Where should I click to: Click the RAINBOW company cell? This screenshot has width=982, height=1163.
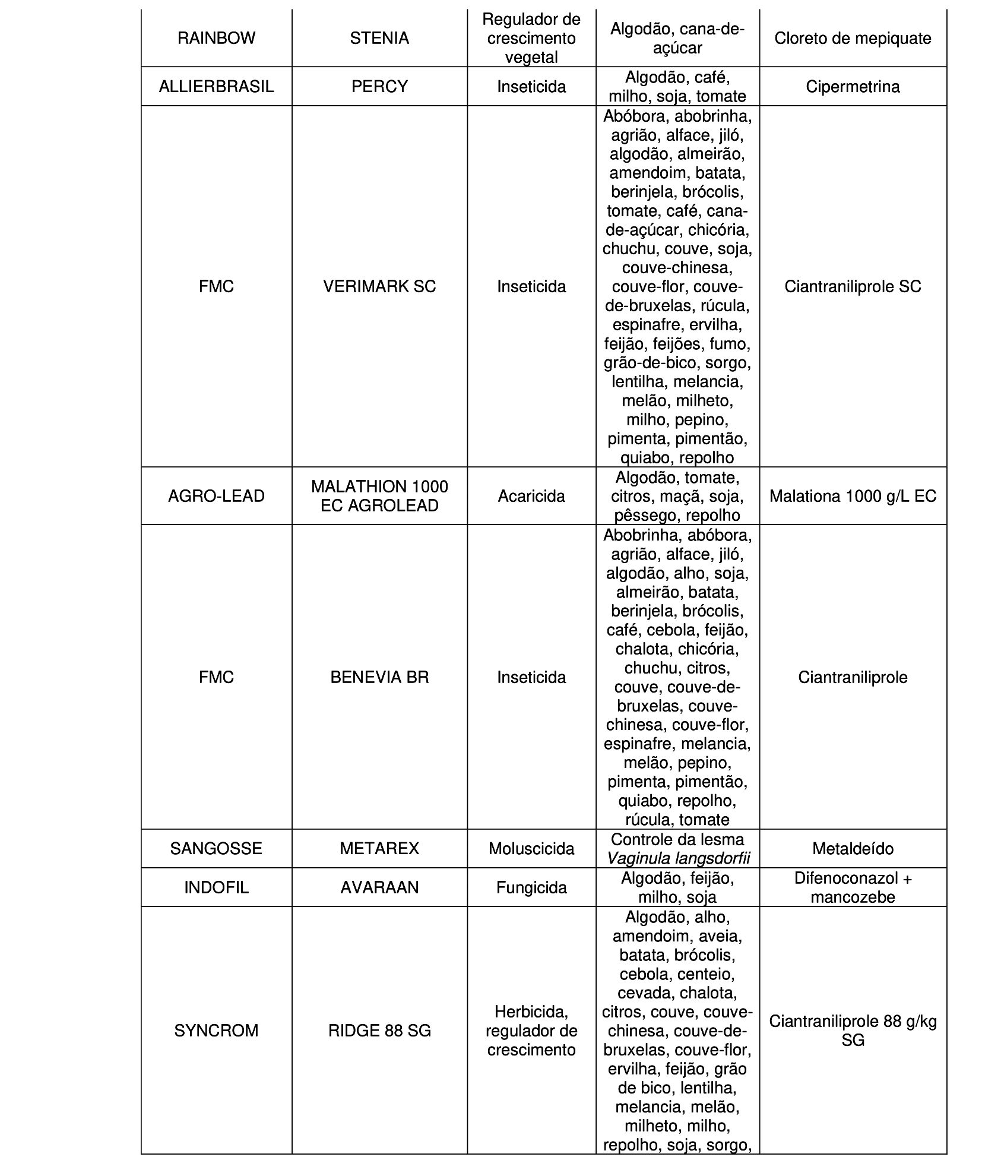[x=216, y=39]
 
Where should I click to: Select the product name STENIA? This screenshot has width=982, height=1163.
[x=379, y=39]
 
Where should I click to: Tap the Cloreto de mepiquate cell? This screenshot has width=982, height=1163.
[x=853, y=39]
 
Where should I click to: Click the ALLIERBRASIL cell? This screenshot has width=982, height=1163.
[x=216, y=87]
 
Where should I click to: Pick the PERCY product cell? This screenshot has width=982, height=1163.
[x=379, y=87]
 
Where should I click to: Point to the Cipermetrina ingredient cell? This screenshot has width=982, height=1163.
[x=853, y=87]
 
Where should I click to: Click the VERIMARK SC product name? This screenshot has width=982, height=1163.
[x=379, y=287]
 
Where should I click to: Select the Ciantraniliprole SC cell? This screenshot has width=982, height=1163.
[x=853, y=287]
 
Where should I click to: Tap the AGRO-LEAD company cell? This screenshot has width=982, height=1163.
[x=216, y=496]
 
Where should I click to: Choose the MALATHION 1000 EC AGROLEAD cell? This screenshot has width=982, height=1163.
[x=379, y=496]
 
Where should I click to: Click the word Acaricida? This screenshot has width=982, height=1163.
[x=531, y=496]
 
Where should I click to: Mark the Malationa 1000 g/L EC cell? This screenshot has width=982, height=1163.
[x=853, y=496]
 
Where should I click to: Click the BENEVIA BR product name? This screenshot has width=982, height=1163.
[x=379, y=677]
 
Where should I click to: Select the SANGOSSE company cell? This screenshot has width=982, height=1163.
[x=216, y=848]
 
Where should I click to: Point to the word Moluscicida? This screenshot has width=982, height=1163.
[x=531, y=848]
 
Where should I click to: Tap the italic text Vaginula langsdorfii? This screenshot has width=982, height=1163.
[x=678, y=858]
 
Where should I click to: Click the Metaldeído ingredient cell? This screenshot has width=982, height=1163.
[x=853, y=848]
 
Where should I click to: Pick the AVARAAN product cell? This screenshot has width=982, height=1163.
[x=379, y=887]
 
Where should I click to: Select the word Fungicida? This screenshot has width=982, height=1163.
[x=531, y=887]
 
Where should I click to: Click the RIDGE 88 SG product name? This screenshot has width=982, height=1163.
[x=379, y=1031]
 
